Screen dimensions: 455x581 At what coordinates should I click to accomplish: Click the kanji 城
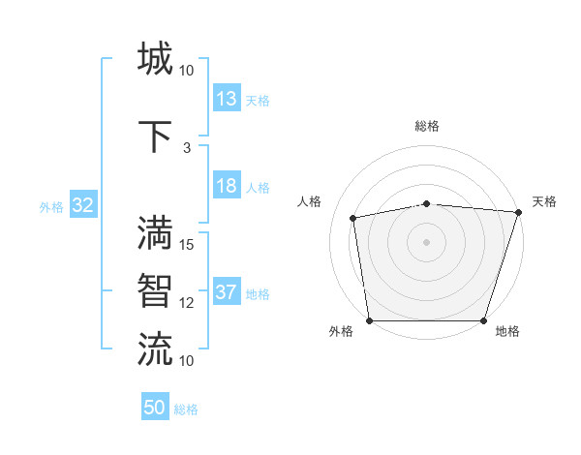coord(155,58)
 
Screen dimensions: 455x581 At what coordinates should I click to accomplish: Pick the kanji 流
coord(155,349)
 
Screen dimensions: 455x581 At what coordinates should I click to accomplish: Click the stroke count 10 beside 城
coord(187,71)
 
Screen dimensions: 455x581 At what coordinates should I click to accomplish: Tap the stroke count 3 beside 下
coord(187,148)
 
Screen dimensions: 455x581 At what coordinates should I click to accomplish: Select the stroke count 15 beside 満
coord(187,245)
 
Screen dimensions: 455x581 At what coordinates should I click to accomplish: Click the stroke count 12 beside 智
coord(187,303)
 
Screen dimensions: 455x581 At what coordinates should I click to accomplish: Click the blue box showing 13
coord(227,99)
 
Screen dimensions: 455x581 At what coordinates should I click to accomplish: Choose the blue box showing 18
coord(227,187)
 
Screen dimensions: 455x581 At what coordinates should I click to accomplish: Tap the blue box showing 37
coord(227,293)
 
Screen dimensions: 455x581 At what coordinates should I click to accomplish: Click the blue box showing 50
coord(155,408)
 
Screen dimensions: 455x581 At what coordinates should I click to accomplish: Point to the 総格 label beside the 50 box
coord(186,409)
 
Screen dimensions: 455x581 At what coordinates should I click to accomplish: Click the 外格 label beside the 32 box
coord(51,206)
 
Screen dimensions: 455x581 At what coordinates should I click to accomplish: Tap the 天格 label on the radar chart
coord(544,201)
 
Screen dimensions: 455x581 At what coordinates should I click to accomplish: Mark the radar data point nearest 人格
coord(354,218)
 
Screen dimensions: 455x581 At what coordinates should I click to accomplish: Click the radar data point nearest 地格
coord(484,320)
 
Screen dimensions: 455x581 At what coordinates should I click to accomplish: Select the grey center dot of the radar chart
coord(426,241)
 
